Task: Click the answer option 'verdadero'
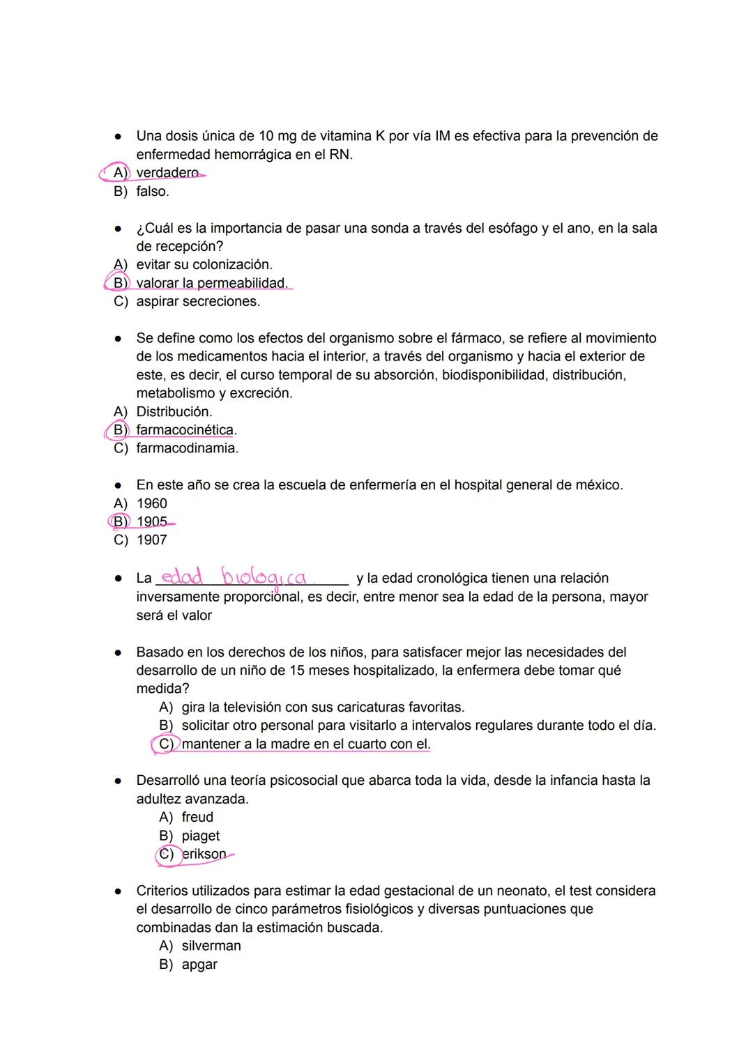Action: pyautogui.click(x=167, y=173)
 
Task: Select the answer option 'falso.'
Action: pyautogui.click(x=152, y=191)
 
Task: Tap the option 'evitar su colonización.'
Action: pyautogui.click(x=204, y=265)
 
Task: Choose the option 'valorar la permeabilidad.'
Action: pyautogui.click(x=211, y=283)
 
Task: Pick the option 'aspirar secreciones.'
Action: pyautogui.click(x=197, y=302)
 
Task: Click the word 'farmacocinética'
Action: pyautogui.click(x=185, y=430)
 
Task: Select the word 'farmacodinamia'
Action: pyautogui.click(x=186, y=448)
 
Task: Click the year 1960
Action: pyautogui.click(x=151, y=503)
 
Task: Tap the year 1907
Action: pyautogui.click(x=151, y=540)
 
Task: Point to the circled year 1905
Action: pyautogui.click(x=151, y=522)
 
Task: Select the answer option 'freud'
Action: pyautogui.click(x=197, y=817)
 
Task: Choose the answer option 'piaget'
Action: pyautogui.click(x=200, y=836)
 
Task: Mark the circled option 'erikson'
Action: pyautogui.click(x=204, y=854)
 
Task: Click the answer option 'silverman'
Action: pyautogui.click(x=211, y=946)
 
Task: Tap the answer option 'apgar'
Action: pyautogui.click(x=199, y=965)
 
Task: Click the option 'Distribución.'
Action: pyautogui.click(x=174, y=412)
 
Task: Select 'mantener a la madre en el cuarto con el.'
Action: pyautogui.click(x=305, y=744)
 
